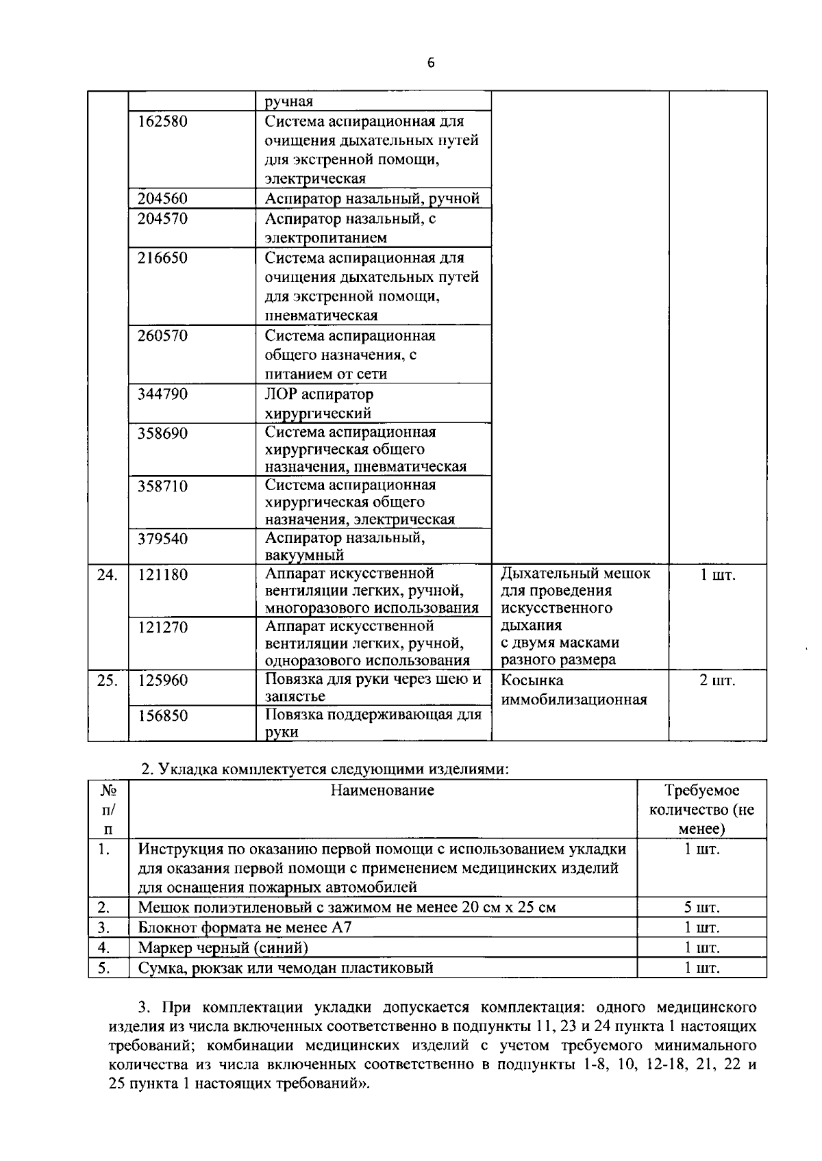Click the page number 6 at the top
[430, 64]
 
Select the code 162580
[162, 122]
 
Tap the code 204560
[162, 199]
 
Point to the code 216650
[162, 258]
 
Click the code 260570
[162, 336]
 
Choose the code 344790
[162, 394]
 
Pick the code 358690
[162, 433]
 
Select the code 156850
[162, 716]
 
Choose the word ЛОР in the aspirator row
[281, 394]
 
